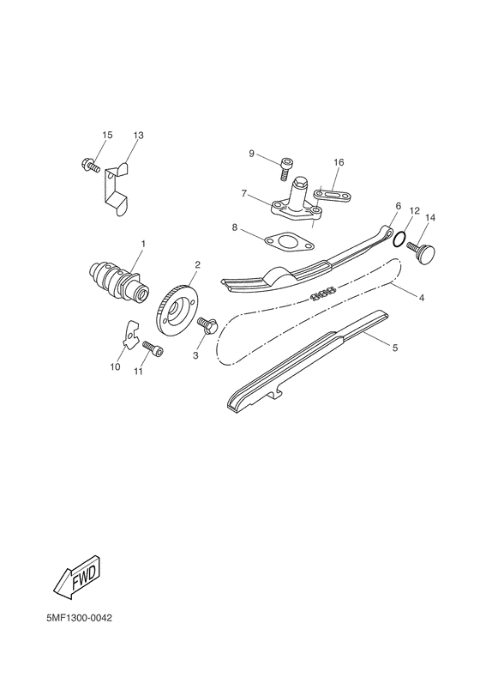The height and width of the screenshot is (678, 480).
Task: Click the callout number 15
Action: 107,136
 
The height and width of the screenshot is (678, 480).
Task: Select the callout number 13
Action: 139,136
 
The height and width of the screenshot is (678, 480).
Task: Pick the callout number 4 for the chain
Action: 422,297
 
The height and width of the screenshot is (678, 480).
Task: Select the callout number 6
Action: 399,207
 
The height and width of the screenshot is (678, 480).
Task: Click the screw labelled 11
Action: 152,350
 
